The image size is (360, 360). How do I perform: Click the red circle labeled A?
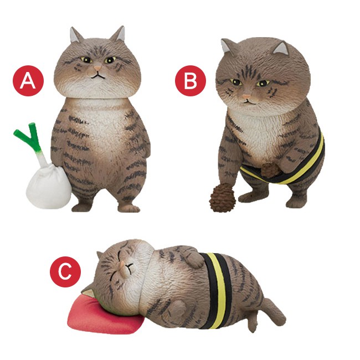28,81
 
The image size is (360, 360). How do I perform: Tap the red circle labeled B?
191,81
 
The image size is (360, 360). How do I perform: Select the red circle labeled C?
65,272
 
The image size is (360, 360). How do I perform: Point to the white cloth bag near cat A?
49,186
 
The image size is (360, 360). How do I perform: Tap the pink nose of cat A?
97,68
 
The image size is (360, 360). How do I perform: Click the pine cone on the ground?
222,199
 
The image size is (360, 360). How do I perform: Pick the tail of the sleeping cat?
273,310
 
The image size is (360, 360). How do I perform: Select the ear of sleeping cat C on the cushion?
88,293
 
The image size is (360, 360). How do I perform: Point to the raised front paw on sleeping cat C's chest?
194,259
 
